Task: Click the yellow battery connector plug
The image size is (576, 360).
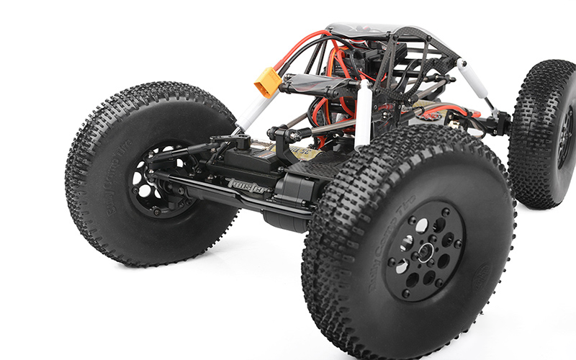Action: point(266,81)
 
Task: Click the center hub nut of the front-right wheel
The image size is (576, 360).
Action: point(426,252)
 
